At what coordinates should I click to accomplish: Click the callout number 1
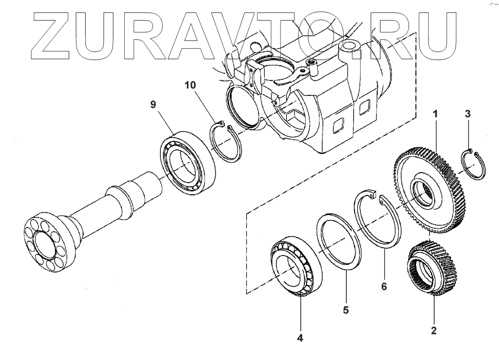[435, 114]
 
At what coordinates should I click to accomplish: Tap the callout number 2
[434, 331]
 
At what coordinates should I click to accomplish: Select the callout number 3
[468, 114]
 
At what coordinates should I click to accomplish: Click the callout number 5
[346, 309]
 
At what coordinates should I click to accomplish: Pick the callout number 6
[384, 287]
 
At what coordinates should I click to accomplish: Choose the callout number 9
[153, 105]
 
